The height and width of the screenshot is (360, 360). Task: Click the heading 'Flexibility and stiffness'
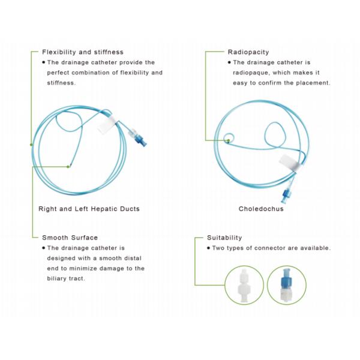[82, 52]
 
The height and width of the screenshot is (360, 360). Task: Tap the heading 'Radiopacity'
[248, 52]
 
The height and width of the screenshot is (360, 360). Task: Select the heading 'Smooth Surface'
[70, 238]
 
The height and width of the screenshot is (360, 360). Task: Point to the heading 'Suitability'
[224, 238]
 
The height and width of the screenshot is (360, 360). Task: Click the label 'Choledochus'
[261, 209]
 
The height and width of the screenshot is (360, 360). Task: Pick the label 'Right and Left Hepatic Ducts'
[89, 209]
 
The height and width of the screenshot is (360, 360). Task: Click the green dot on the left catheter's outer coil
[31, 145]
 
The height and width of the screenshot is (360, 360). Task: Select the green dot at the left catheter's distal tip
[69, 166]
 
